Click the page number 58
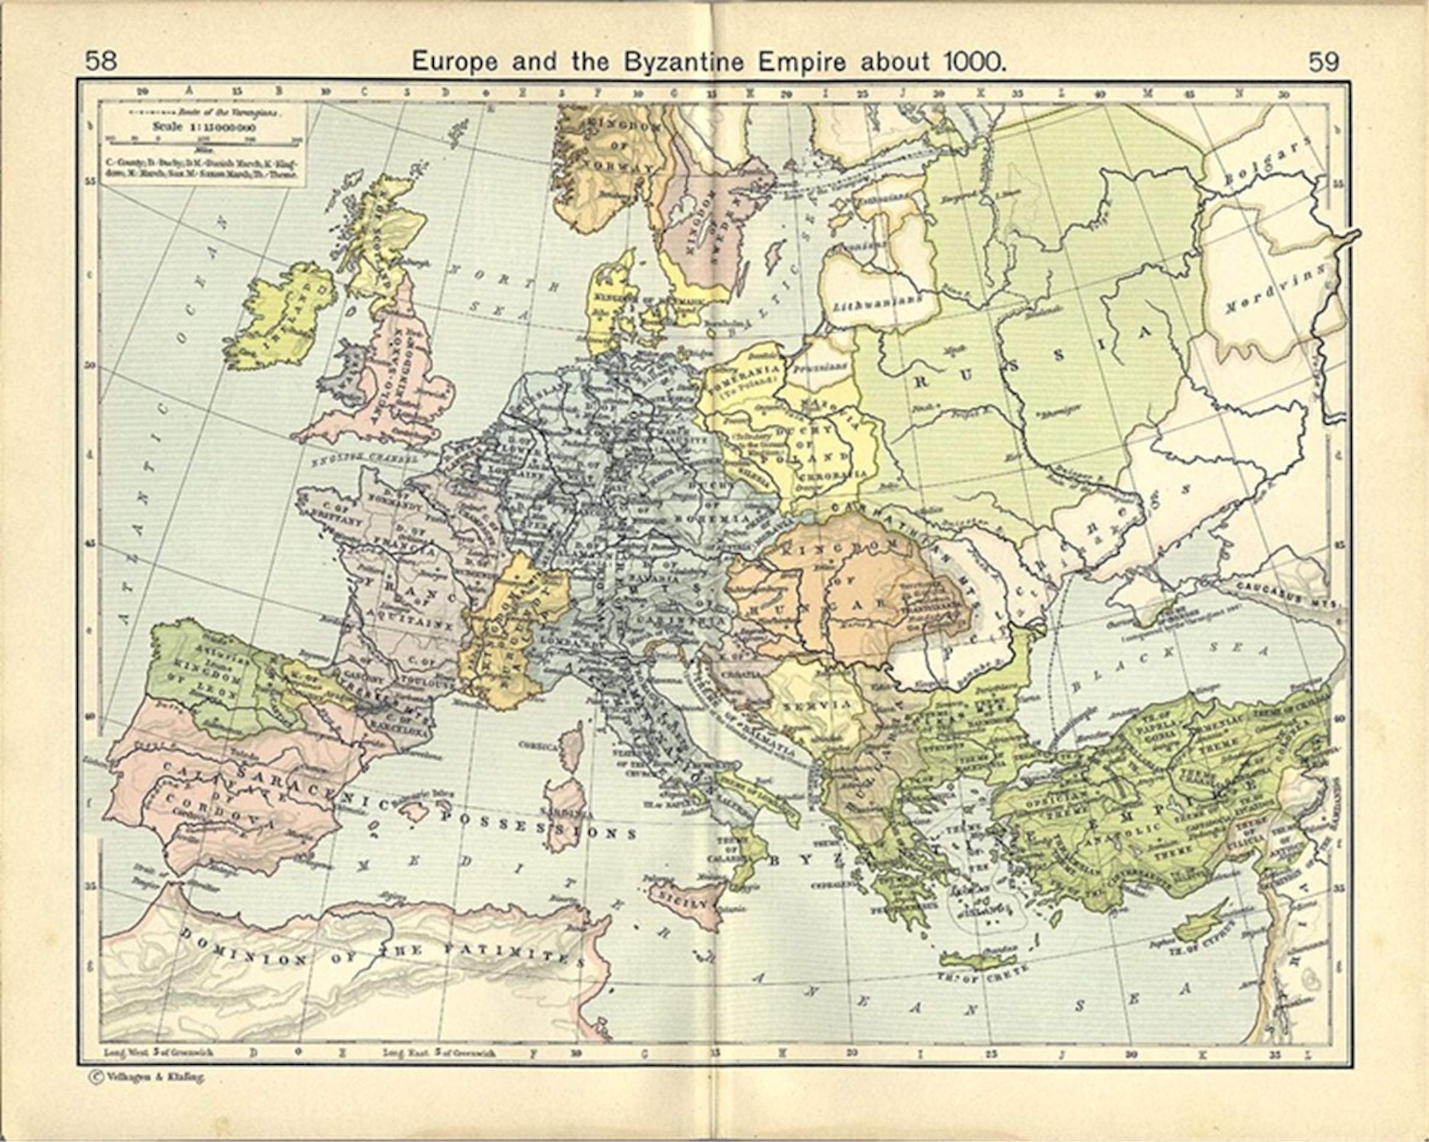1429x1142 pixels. click(101, 62)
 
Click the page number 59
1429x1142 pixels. click(1324, 63)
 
